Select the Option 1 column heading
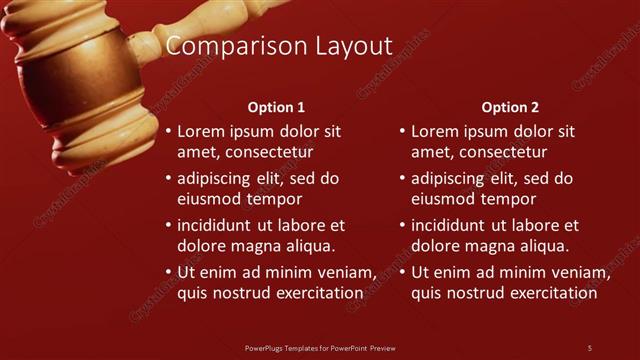pyautogui.click(x=276, y=107)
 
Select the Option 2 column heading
pyautogui.click(x=510, y=107)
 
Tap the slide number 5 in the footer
pyautogui.click(x=589, y=348)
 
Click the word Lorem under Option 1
pyautogui.click(x=199, y=131)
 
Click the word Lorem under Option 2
pyautogui.click(x=433, y=131)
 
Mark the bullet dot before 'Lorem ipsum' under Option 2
pyautogui.click(x=402, y=131)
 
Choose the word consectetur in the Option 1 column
pyautogui.click(x=269, y=152)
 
